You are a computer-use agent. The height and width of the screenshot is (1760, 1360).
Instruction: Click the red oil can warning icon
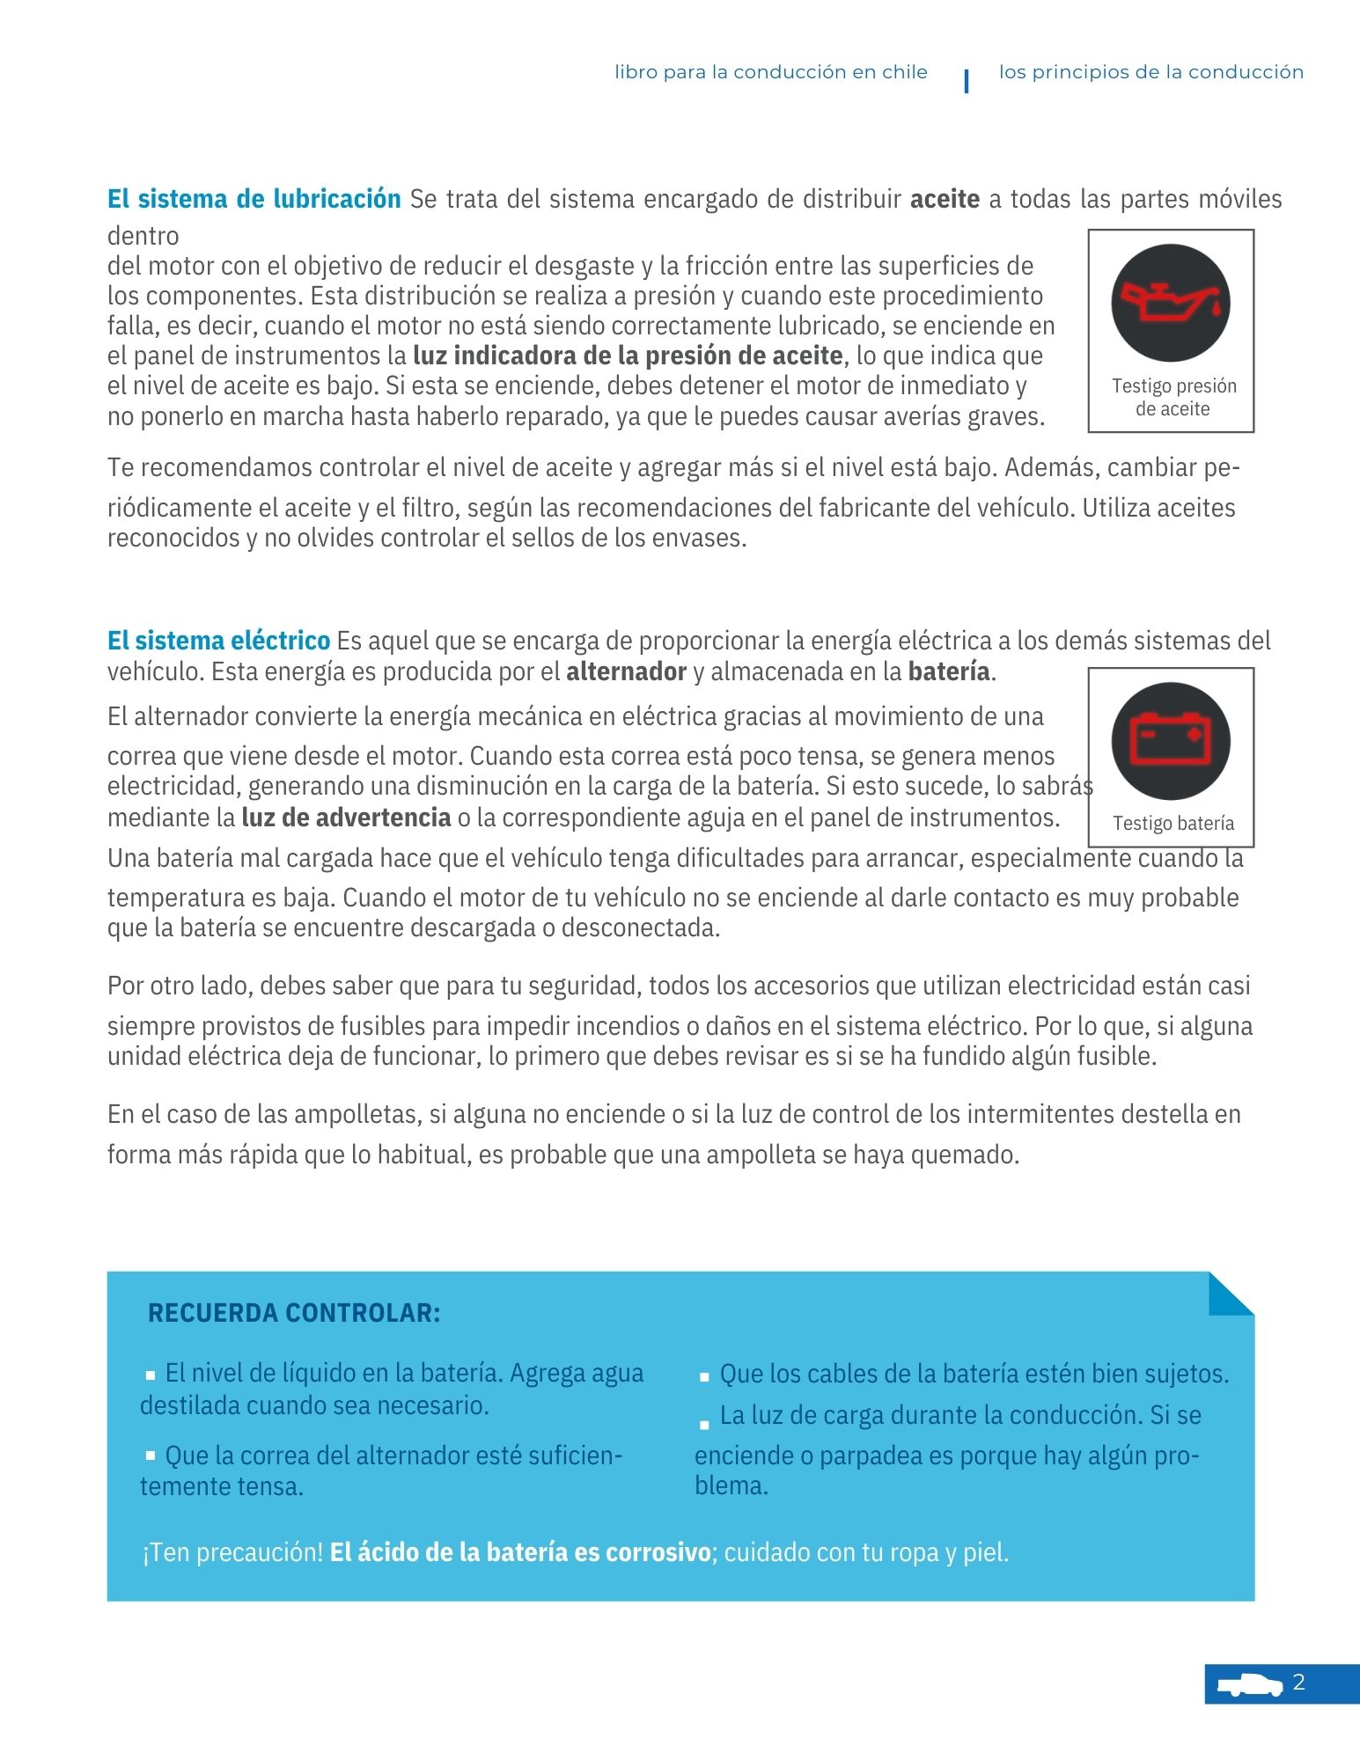[x=1170, y=302]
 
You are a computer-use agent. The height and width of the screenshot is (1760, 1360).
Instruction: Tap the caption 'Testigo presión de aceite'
[x=1173, y=397]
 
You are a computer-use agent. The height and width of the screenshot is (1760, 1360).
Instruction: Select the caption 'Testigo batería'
[x=1173, y=824]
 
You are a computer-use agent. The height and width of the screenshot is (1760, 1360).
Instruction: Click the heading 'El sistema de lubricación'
[x=254, y=199]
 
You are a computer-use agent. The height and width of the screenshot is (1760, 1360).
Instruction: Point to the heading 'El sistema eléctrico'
[x=218, y=641]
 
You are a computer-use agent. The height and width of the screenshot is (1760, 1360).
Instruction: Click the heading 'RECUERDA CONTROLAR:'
[x=294, y=1313]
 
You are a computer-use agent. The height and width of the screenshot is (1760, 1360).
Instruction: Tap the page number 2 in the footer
[x=1299, y=1683]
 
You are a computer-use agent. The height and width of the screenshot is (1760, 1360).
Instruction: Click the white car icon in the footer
[x=1249, y=1684]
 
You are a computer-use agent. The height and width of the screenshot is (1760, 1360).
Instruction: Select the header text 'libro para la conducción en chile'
[x=771, y=72]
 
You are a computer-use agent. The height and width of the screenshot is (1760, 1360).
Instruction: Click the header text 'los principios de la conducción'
[x=1150, y=72]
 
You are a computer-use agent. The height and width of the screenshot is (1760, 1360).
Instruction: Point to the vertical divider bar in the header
[x=967, y=80]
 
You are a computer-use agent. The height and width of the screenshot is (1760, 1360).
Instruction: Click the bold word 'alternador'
[x=626, y=672]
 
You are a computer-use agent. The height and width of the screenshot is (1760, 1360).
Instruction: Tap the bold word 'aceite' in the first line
[x=945, y=200]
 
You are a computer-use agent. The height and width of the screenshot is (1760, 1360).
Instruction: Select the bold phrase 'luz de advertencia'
[x=346, y=818]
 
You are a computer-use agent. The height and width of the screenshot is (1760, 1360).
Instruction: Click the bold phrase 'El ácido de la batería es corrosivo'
[x=520, y=1552]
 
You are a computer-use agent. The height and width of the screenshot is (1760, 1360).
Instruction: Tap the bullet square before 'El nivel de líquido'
[x=151, y=1375]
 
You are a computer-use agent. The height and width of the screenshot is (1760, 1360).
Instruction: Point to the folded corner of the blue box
[x=1230, y=1294]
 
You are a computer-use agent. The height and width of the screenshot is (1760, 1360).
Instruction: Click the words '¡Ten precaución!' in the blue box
[x=232, y=1552]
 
